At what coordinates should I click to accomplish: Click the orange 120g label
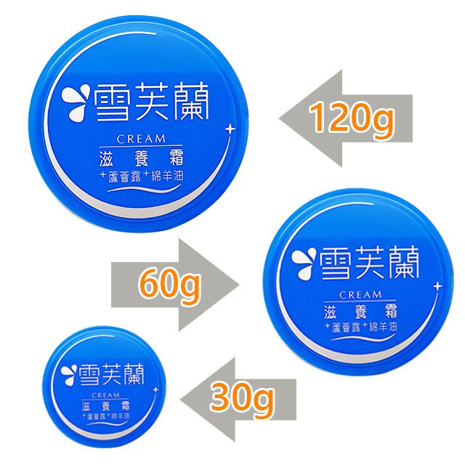click(x=352, y=119)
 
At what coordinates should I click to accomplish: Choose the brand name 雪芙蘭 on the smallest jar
click(x=109, y=371)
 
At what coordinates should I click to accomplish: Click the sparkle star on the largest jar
click(x=230, y=129)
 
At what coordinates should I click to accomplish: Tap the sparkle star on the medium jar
click(x=437, y=286)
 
